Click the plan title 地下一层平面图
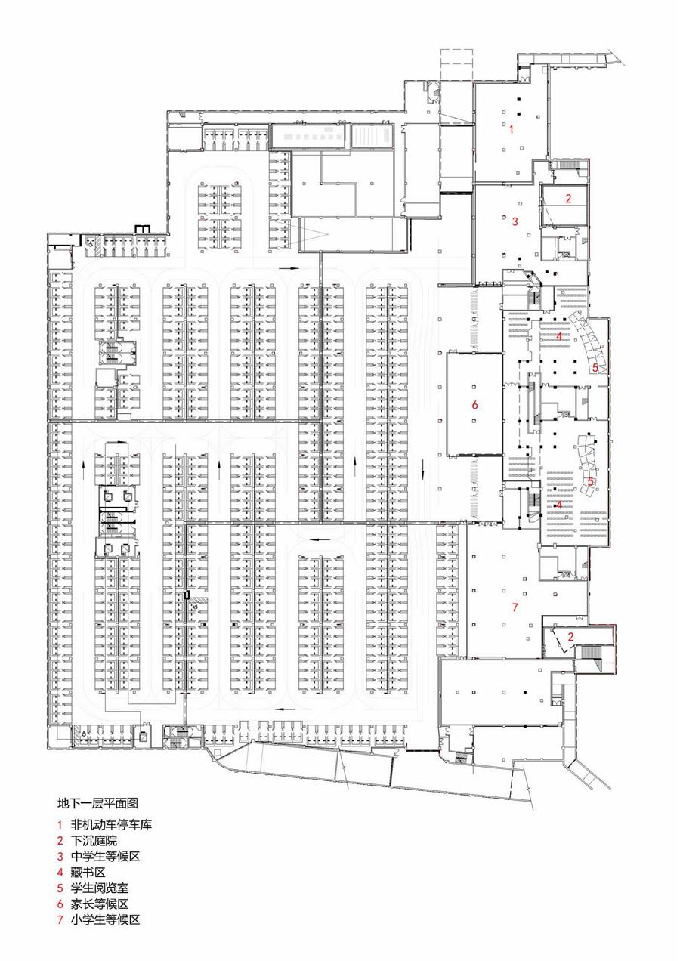click(x=97, y=802)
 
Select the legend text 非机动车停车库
click(x=111, y=824)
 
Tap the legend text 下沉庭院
click(x=94, y=840)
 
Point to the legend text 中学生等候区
click(x=105, y=856)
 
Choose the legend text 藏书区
click(x=88, y=872)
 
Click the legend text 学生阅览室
click(x=100, y=888)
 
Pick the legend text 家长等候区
click(x=100, y=904)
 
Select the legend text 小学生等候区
click(x=105, y=919)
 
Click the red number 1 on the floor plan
click(x=511, y=128)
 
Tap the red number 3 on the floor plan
click(x=515, y=221)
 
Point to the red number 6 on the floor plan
click(x=474, y=404)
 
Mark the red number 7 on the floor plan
click(x=515, y=607)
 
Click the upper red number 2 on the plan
click(x=568, y=198)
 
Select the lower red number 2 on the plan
click(x=570, y=637)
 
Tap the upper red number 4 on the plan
click(x=558, y=336)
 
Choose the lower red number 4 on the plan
click(x=558, y=505)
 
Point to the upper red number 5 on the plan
click(x=595, y=368)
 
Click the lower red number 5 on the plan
click(x=590, y=481)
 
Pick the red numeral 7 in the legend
click(x=60, y=919)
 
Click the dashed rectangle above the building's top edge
click(x=456, y=65)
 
